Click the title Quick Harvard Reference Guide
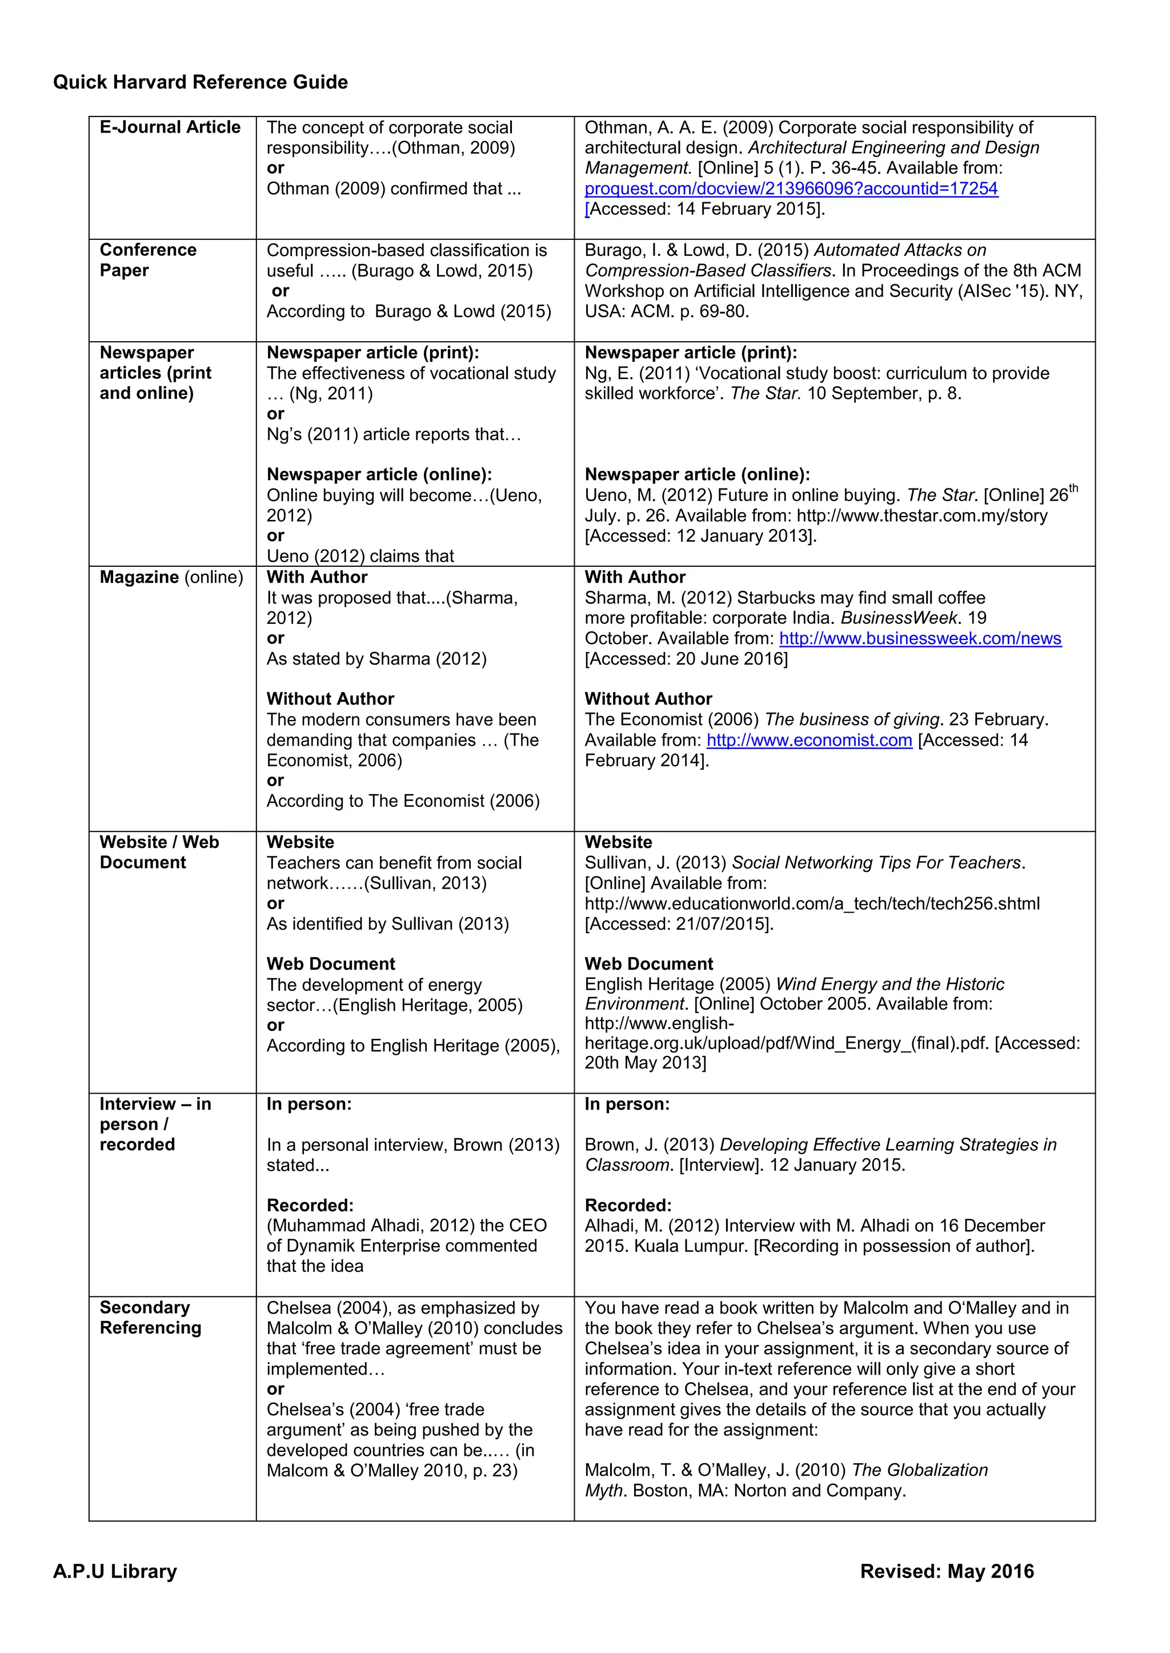(201, 82)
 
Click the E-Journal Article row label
(170, 127)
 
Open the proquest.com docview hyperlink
(791, 189)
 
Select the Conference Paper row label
(148, 260)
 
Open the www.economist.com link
(809, 740)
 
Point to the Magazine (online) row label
(171, 577)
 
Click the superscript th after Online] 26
(1073, 489)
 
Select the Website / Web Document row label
(159, 852)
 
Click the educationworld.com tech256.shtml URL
(812, 903)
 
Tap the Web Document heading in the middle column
(331, 964)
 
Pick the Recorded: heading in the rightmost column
(627, 1206)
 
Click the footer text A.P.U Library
(115, 1571)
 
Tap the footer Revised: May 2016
(947, 1571)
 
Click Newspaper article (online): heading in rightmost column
(696, 475)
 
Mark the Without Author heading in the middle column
(330, 699)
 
